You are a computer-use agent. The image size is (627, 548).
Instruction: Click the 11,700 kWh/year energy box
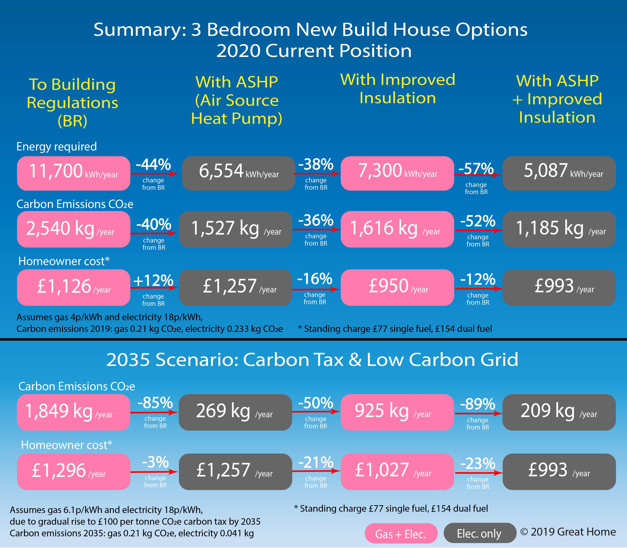(x=73, y=173)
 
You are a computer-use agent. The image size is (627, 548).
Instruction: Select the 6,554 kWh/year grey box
(x=239, y=173)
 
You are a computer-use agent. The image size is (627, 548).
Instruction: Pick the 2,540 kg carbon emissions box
(x=73, y=229)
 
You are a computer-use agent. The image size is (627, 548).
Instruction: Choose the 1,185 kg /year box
(x=559, y=229)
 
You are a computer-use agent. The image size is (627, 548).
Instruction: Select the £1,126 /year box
(x=73, y=287)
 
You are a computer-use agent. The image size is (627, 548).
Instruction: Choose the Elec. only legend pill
(x=479, y=533)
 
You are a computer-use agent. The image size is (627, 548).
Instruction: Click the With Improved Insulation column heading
(x=397, y=89)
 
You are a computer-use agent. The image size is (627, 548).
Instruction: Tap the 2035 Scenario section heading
(x=312, y=360)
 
